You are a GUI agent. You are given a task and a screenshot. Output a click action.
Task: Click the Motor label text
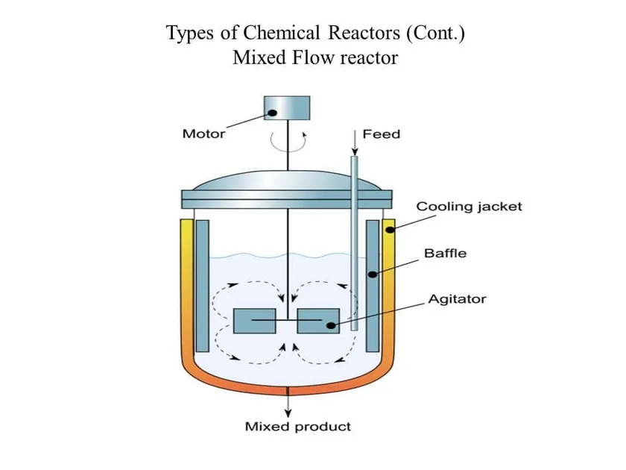[x=203, y=134]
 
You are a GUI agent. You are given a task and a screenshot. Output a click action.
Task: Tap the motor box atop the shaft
[x=287, y=108]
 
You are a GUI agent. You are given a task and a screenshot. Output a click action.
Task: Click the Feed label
[x=382, y=134]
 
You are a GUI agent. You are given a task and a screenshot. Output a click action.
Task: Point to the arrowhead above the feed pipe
[x=355, y=151]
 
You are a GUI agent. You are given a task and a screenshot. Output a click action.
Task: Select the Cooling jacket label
[x=469, y=207]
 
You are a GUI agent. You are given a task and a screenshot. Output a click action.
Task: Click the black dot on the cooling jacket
[x=390, y=230]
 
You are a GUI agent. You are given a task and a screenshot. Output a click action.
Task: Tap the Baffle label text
[x=445, y=254]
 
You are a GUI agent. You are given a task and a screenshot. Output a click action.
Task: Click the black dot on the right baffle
[x=373, y=275]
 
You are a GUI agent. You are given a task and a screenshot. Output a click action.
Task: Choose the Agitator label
[x=457, y=299]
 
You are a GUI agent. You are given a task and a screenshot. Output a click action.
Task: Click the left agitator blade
[x=255, y=321]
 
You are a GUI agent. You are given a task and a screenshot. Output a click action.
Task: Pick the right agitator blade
[x=319, y=321]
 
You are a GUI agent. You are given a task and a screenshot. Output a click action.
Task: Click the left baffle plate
[x=203, y=286]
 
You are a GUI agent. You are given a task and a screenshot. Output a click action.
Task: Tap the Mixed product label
[x=298, y=427]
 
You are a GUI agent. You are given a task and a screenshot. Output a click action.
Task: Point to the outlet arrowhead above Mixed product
[x=288, y=413]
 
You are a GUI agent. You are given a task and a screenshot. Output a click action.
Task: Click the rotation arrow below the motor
[x=288, y=142]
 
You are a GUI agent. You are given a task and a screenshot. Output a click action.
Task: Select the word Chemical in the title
[x=282, y=32]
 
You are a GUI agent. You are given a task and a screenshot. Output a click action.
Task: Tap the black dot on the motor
[x=272, y=113]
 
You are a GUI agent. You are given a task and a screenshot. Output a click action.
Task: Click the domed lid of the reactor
[x=287, y=181]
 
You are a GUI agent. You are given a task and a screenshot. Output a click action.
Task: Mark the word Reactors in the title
[x=364, y=32]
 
